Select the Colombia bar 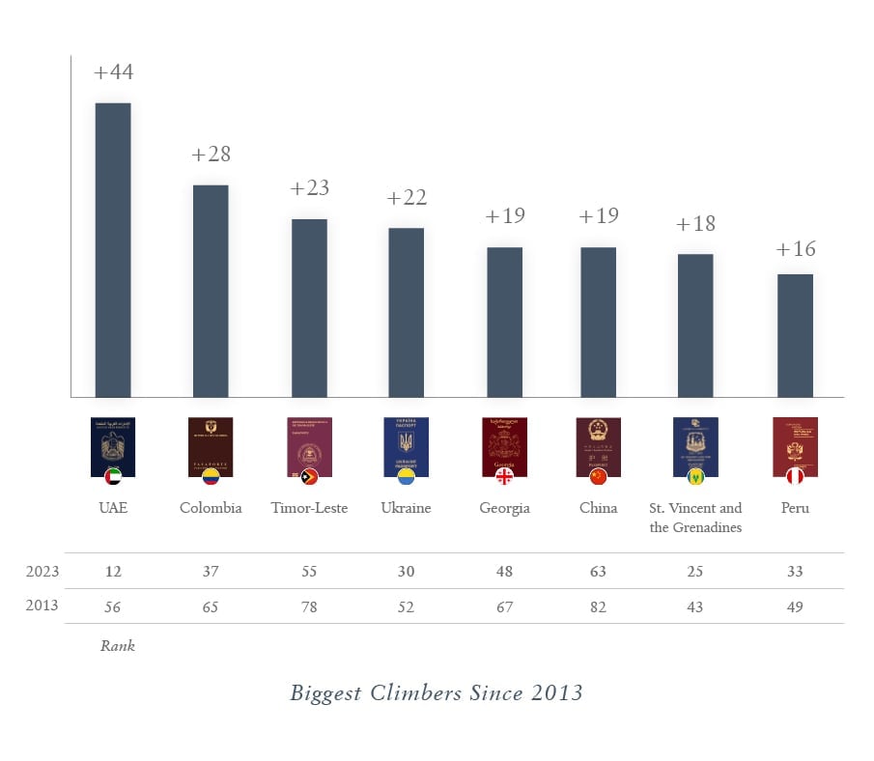(211, 291)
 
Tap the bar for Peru (795, 335)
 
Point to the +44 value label (113, 72)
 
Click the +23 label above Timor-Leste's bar (309, 188)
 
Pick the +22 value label (406, 198)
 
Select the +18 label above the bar (695, 224)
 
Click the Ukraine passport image (406, 445)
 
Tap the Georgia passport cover (504, 445)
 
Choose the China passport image (598, 445)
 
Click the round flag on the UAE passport (113, 476)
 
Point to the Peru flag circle (795, 476)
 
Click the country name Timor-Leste (309, 508)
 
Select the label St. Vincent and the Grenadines (695, 518)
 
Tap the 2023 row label (42, 572)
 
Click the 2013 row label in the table (42, 606)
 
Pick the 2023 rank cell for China (598, 572)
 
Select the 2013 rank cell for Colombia (211, 606)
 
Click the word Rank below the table (118, 646)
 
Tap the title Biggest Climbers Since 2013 (437, 693)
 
